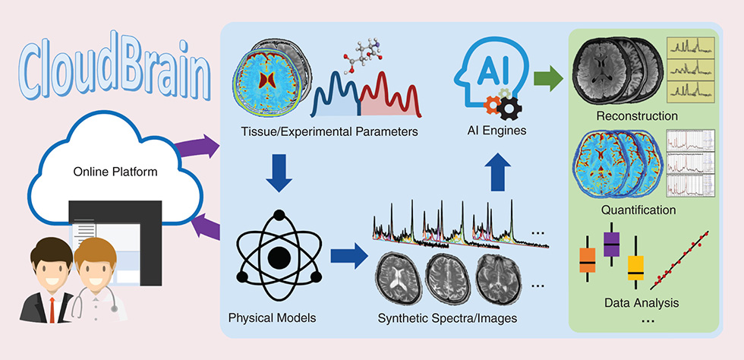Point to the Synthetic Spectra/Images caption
447,317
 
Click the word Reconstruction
636,116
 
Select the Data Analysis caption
642,302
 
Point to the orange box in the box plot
588,260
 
